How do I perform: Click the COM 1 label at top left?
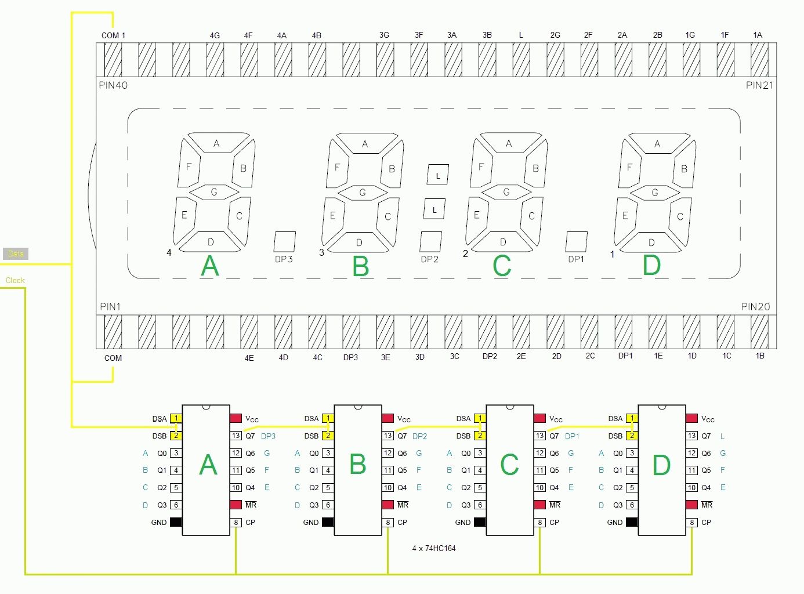(113, 35)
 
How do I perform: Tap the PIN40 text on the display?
(113, 85)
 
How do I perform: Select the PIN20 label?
(755, 307)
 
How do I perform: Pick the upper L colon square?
(438, 175)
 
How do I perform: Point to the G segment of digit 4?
(214, 192)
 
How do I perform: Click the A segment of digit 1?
(657, 144)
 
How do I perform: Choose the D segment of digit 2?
(503, 242)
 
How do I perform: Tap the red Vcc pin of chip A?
(236, 418)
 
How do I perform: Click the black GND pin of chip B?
(328, 522)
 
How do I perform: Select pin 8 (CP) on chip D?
(692, 522)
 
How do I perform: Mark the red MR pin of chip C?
(539, 505)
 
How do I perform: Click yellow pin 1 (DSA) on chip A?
(176, 418)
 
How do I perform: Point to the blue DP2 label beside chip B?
(419, 436)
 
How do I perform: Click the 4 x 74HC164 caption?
(433, 548)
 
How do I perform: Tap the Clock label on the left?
(15, 281)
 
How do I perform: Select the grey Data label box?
(16, 253)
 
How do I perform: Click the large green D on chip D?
(661, 465)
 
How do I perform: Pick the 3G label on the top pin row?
(384, 35)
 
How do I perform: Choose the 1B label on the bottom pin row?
(760, 356)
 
